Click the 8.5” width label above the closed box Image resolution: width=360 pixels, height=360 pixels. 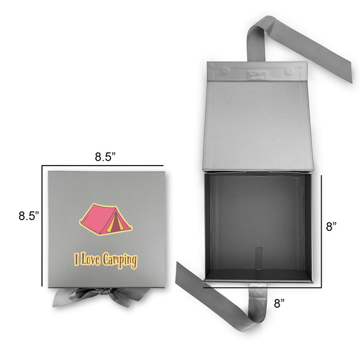[106, 157]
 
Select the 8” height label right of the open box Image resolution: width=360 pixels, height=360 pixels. [331, 227]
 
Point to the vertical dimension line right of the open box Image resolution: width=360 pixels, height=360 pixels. [323, 228]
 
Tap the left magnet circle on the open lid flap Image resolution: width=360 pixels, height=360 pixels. [225, 71]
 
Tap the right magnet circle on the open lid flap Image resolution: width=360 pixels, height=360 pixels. [290, 71]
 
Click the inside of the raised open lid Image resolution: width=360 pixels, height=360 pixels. [258, 126]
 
